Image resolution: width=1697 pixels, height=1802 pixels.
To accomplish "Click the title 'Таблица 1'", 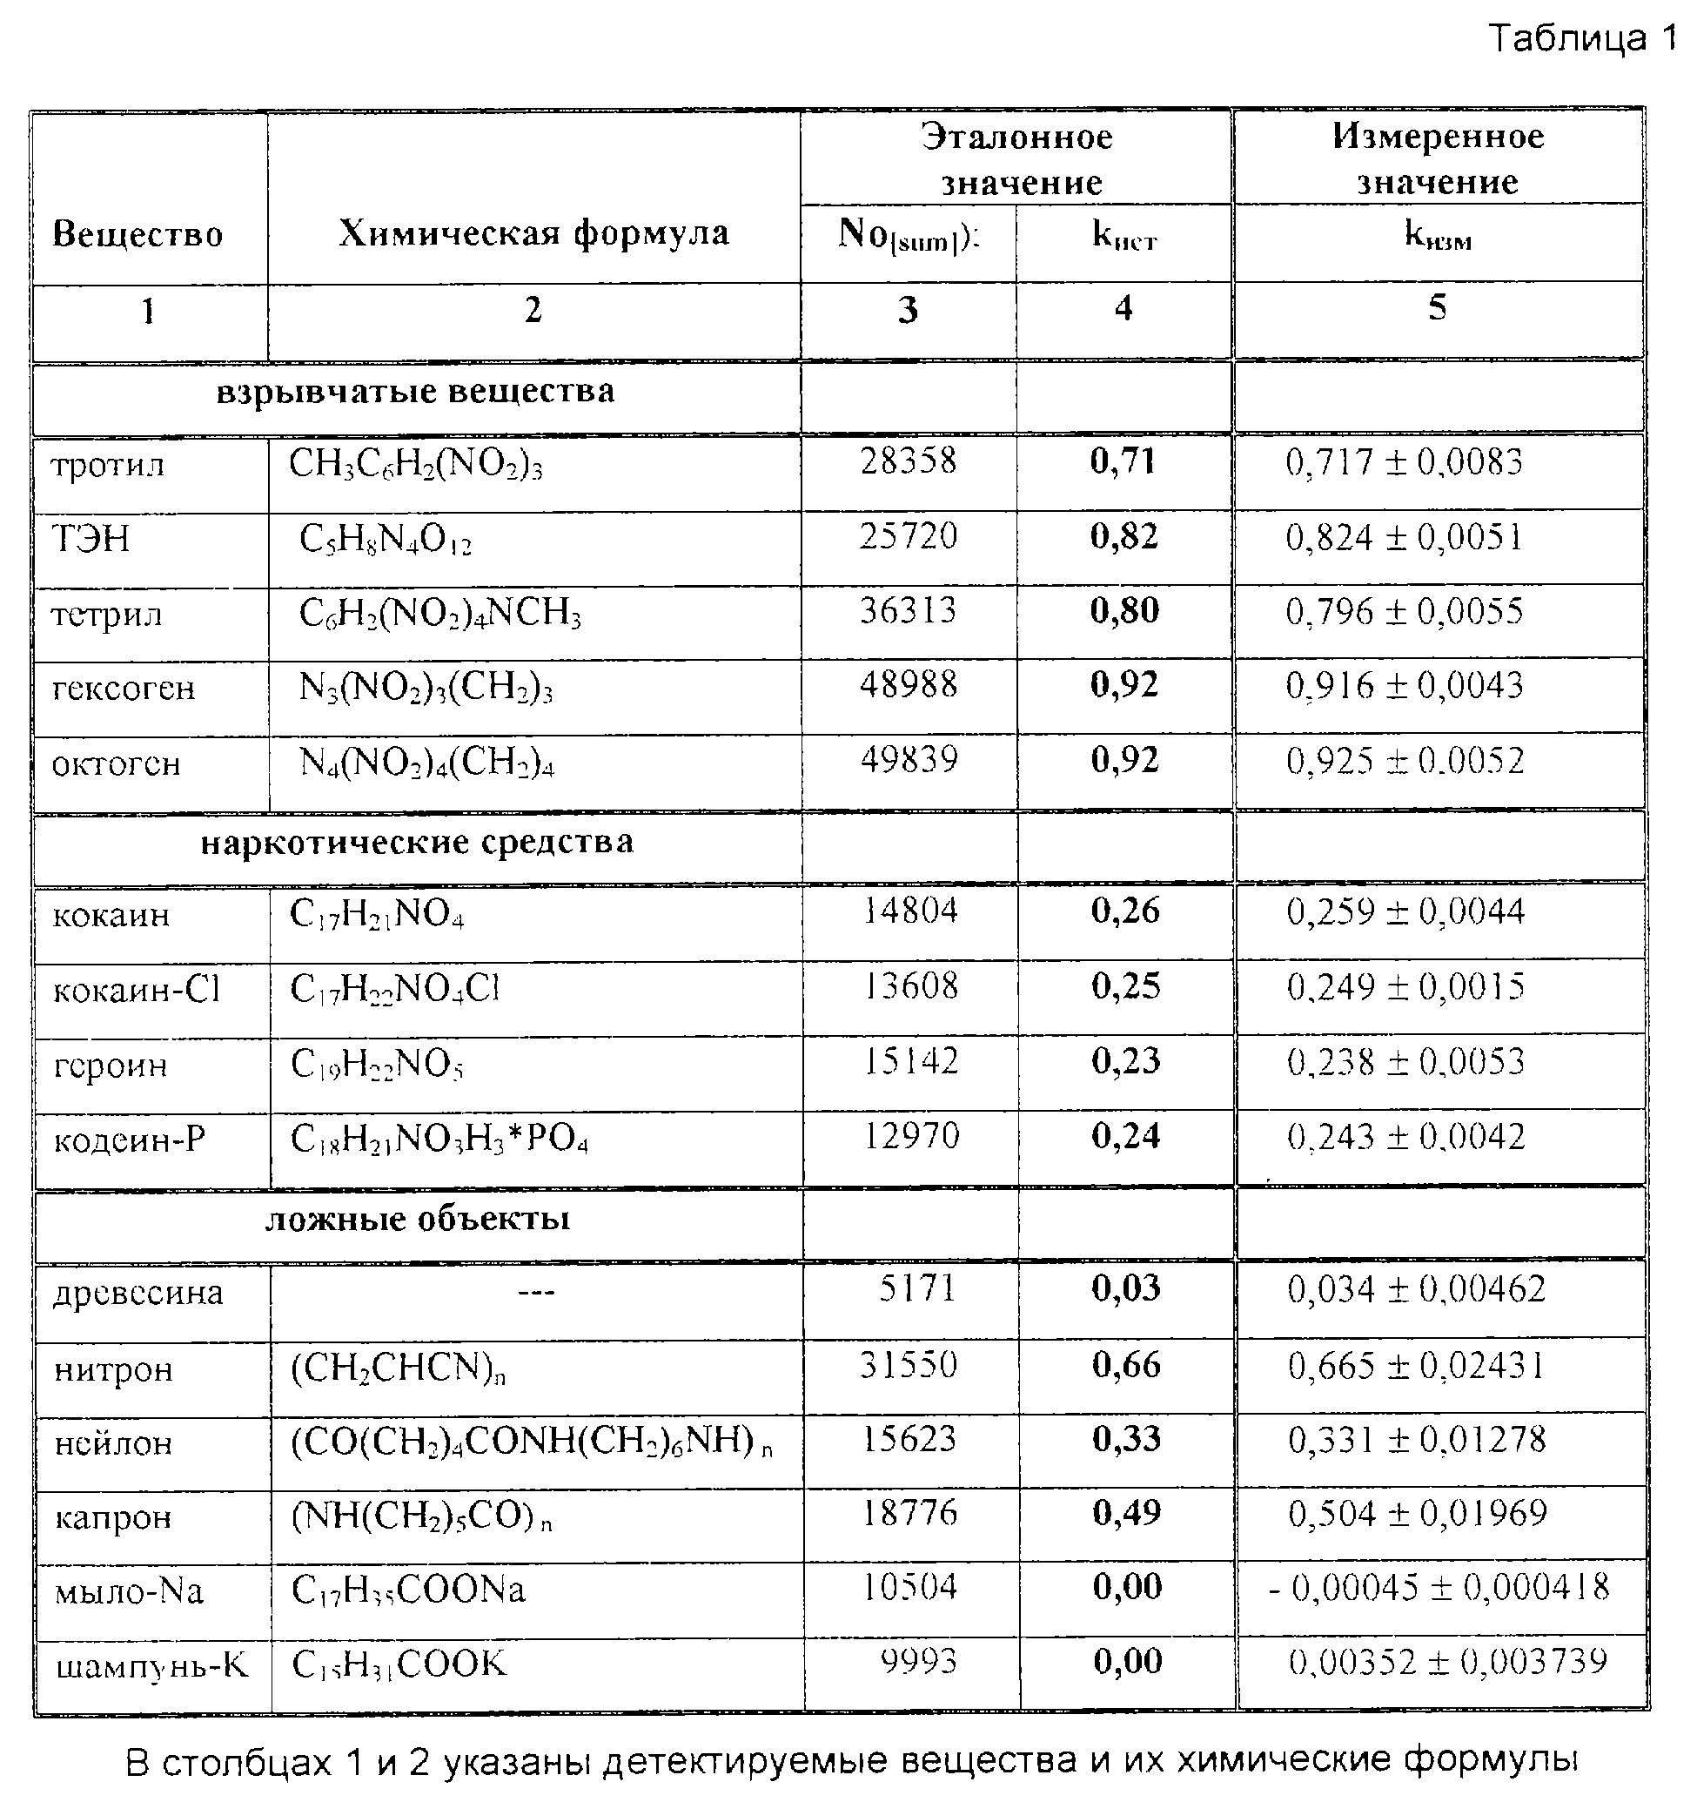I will pos(1581,39).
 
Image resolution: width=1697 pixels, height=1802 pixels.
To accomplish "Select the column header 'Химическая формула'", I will pos(533,233).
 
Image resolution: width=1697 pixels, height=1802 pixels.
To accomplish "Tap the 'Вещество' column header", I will pos(138,234).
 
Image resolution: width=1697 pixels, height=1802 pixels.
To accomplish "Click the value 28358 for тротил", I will pos(908,461).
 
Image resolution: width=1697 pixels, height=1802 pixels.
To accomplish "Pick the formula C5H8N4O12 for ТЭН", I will pos(385,541).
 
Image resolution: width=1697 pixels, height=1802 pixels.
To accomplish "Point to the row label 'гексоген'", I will pos(124,688).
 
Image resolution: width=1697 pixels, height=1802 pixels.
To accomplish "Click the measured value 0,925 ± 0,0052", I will pos(1405,761).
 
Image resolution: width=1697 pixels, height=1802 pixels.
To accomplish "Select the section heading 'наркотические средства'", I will pos(417,842).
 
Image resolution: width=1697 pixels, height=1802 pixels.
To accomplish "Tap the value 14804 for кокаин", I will pos(909,910).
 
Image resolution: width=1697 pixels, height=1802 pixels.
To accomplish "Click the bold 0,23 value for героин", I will pos(1125,1060).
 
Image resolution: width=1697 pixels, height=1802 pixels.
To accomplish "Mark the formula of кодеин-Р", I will pos(439,1140).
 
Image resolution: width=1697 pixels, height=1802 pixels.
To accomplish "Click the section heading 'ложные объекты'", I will pos(417,1218).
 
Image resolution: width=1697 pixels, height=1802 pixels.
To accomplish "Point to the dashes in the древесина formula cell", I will pos(535,1291).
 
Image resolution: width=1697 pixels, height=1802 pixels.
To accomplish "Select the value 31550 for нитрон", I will pos(908,1365).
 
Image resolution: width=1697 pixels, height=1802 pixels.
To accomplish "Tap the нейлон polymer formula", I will pos(531,1441).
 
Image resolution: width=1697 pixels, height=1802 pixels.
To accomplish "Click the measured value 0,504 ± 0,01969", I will pos(1417,1513).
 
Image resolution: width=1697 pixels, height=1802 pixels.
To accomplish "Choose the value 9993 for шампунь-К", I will pos(918,1662).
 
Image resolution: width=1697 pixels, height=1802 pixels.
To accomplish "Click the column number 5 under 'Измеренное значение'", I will pos(1437,307).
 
